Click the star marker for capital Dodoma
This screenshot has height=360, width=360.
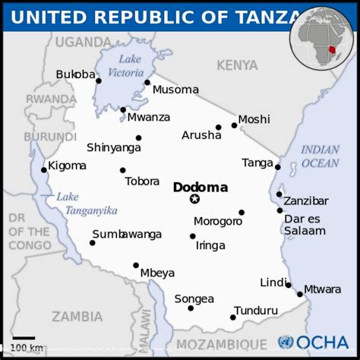tap(194, 199)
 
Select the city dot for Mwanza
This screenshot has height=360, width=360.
tap(123, 110)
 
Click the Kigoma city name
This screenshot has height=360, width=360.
tap(67, 166)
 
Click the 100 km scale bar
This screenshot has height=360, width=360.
tap(24, 337)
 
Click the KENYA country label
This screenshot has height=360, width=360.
tap(237, 66)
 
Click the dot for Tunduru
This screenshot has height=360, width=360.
tap(233, 317)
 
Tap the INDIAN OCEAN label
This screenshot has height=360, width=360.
tap(320, 156)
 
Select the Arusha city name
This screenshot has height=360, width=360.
tap(201, 136)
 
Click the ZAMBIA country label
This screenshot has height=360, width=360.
tap(77, 316)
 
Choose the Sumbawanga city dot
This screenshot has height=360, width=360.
tap(93, 243)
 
